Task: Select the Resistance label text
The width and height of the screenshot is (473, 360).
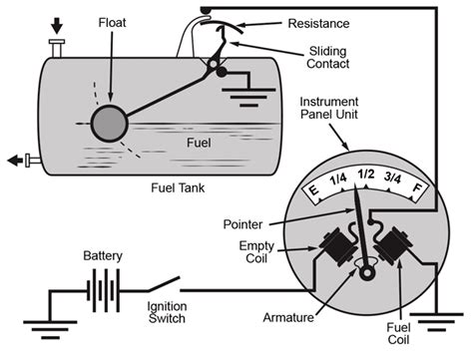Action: pos(320,22)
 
